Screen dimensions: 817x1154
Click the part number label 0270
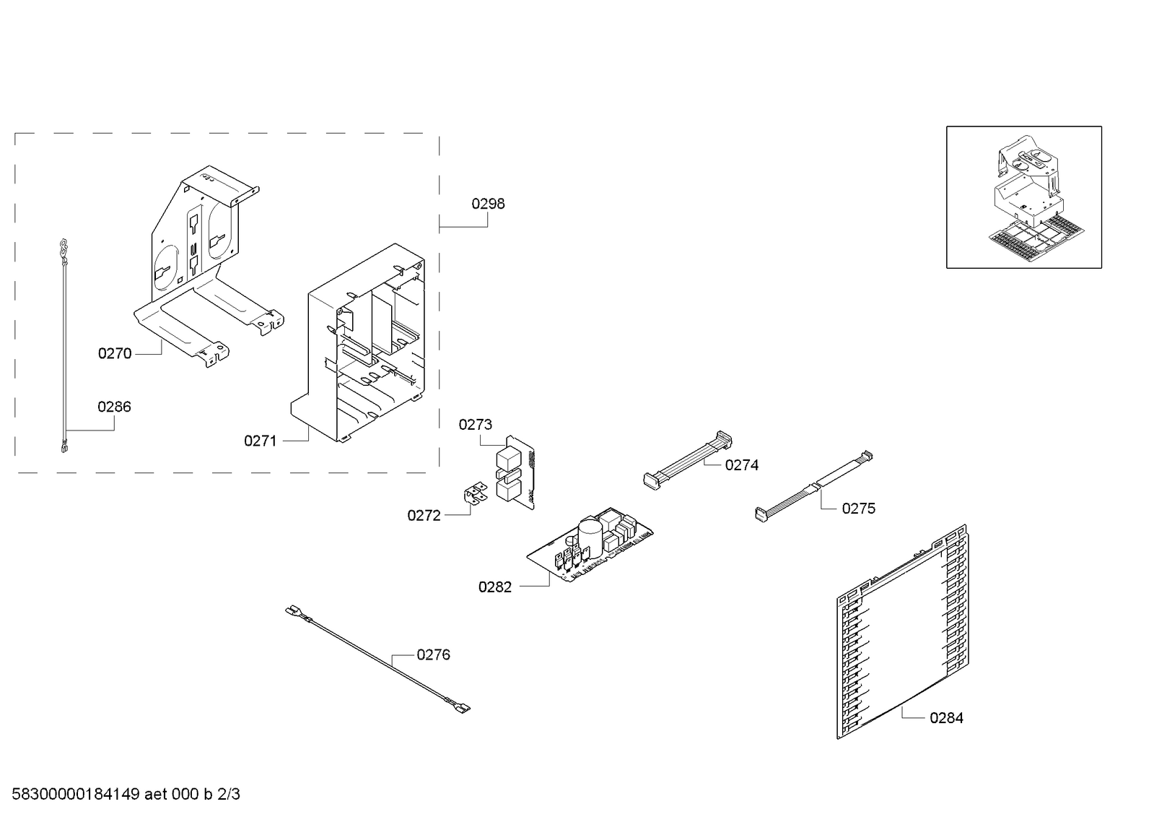(115, 353)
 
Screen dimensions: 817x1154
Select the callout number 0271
(261, 441)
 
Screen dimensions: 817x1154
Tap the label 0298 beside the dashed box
(489, 204)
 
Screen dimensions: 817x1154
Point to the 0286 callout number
(115, 407)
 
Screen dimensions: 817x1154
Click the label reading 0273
(476, 425)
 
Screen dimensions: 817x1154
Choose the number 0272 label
(424, 515)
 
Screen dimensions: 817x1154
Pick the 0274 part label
(742, 465)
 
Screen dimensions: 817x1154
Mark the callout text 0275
(859, 509)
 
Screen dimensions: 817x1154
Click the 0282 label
(495, 587)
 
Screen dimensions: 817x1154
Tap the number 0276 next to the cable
(433, 654)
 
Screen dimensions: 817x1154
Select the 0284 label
(946, 717)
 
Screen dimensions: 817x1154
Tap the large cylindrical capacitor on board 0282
(590, 532)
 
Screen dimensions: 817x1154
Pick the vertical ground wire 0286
(64, 347)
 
